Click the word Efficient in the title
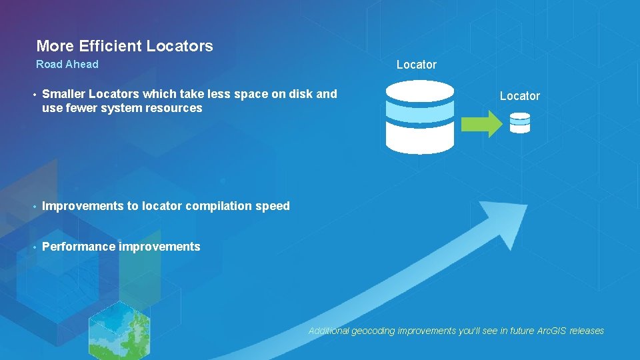point(110,46)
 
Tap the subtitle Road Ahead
point(67,64)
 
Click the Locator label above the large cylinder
point(416,65)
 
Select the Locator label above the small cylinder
point(519,96)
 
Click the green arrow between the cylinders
point(483,124)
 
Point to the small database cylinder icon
point(519,123)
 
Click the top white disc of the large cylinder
point(420,89)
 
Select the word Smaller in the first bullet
point(64,94)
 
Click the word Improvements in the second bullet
point(83,206)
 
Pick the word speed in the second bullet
point(273,206)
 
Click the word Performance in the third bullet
point(78,247)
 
